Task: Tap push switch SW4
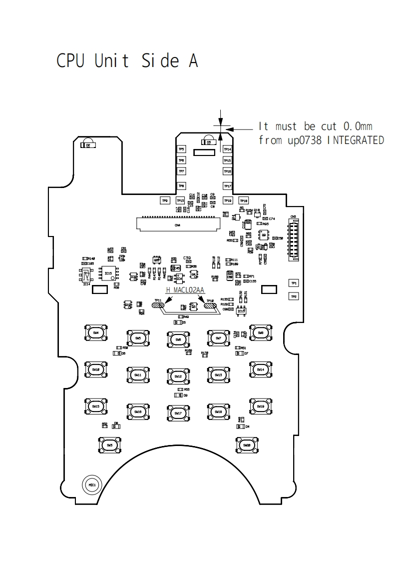[x=96, y=332]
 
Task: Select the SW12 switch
[x=178, y=375]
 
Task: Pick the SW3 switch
[x=109, y=444]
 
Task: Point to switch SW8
[x=260, y=332]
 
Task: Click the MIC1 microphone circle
[x=92, y=484]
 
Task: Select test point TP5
[x=181, y=149]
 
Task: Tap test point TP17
[x=227, y=186]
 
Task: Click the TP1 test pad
[x=294, y=283]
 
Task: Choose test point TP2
[x=294, y=296]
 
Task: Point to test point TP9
[x=165, y=200]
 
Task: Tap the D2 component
[x=88, y=145]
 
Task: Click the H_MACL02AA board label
[x=186, y=289]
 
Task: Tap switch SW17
[x=178, y=413]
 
